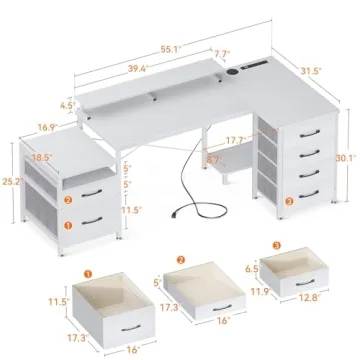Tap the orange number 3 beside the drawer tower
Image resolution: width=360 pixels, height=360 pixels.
pyautogui.click(x=289, y=203)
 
